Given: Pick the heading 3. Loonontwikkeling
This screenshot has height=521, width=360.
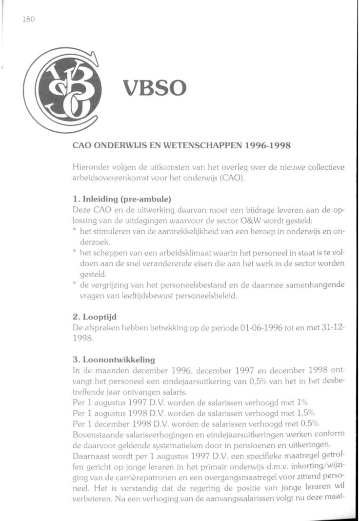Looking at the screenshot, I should click(x=114, y=360).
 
